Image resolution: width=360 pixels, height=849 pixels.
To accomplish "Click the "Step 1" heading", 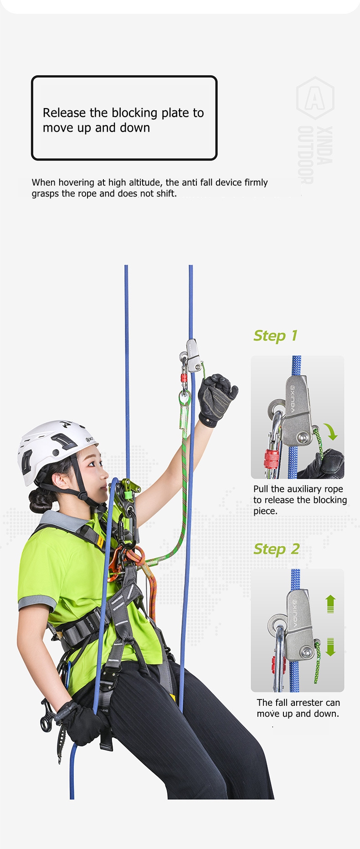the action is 275,336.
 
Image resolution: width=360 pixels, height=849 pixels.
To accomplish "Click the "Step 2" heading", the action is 276,549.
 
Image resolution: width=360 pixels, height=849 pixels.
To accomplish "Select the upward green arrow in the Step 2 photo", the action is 331,604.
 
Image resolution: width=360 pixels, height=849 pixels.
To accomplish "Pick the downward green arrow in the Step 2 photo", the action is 331,647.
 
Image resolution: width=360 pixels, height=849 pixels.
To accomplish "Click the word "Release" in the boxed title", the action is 64,113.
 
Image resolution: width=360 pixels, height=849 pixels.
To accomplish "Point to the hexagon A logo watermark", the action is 315,98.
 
